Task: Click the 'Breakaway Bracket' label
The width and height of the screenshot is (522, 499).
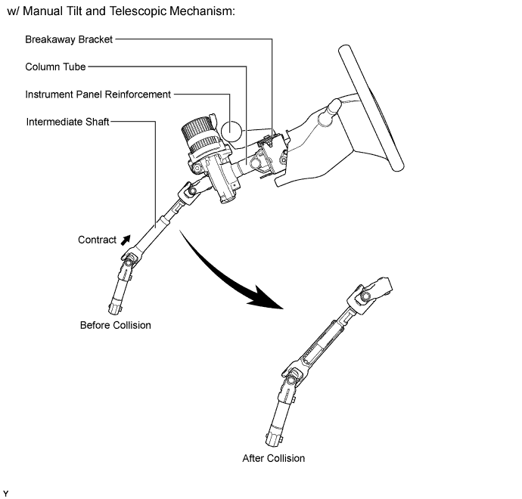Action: [69, 39]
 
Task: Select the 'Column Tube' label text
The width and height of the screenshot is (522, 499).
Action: [55, 67]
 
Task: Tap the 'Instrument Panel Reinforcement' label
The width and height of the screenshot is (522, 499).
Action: [98, 95]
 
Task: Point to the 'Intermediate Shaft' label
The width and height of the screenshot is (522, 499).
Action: [67, 122]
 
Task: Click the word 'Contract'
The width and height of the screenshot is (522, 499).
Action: [97, 240]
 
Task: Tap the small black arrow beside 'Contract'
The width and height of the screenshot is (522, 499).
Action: [126, 240]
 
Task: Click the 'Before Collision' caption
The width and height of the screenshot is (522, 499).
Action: [116, 325]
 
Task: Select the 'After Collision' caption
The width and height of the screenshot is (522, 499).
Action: [273, 458]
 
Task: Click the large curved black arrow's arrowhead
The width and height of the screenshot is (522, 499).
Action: [265, 297]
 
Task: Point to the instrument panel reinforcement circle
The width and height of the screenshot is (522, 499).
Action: [231, 131]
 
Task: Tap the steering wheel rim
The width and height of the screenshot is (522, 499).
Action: [371, 108]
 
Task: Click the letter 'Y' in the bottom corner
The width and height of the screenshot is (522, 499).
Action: [5, 494]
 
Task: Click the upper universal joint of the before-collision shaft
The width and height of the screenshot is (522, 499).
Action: [190, 193]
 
